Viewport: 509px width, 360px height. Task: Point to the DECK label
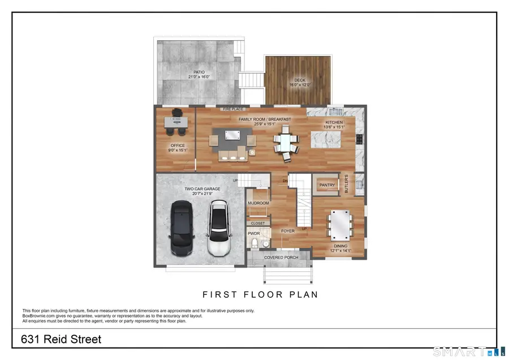[300, 80]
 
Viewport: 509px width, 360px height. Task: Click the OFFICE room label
[178, 145]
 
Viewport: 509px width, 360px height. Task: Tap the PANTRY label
[327, 185]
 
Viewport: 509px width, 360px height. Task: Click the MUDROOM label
[258, 203]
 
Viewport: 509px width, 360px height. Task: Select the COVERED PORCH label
[281, 258]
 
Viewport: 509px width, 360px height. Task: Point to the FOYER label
[288, 231]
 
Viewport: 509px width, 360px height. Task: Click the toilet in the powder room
[255, 243]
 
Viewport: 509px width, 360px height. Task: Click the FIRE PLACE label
[232, 108]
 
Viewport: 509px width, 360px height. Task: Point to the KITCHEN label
[334, 122]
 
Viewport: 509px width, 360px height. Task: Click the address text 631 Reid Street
[61, 340]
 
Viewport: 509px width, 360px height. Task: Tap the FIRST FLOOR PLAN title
[260, 294]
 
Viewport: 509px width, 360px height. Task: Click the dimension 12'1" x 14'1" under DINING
[340, 251]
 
